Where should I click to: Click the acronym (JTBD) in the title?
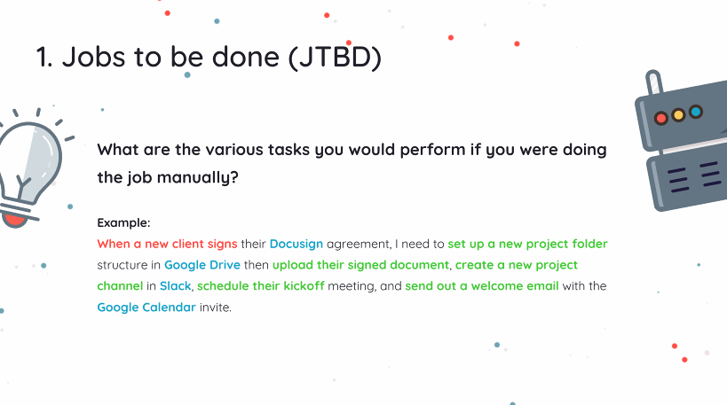click(335, 57)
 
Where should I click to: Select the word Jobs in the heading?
click(94, 57)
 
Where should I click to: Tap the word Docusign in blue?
click(296, 244)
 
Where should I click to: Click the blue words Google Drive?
click(202, 265)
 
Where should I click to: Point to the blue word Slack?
click(175, 286)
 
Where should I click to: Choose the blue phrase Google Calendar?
click(146, 308)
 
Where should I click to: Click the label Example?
click(123, 222)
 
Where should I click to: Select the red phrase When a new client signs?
click(168, 244)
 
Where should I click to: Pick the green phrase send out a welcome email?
click(482, 286)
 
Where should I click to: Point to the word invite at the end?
click(214, 308)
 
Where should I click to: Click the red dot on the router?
click(661, 119)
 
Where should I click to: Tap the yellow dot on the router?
click(678, 115)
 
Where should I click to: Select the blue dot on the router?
click(695, 112)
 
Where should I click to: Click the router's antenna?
click(653, 82)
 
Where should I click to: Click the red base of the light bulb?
click(15, 220)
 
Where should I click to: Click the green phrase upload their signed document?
click(360, 265)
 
